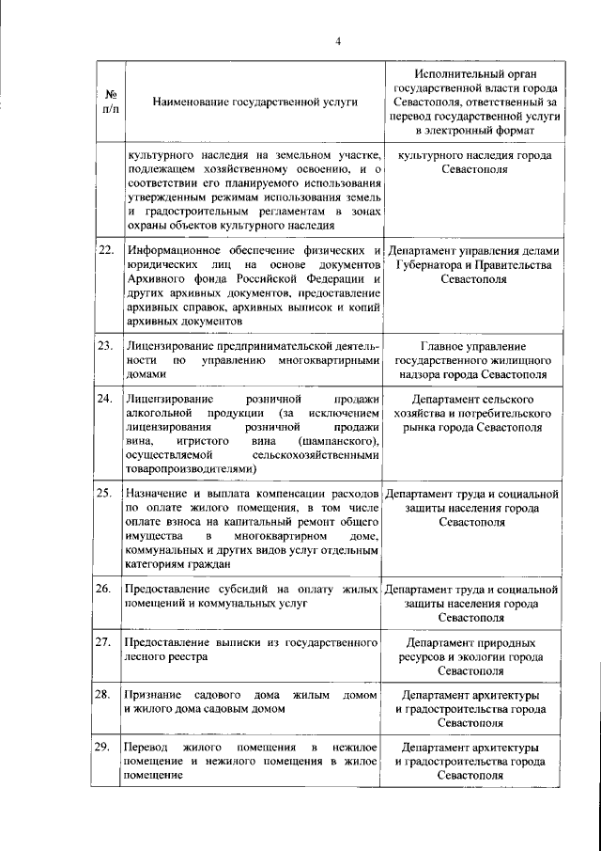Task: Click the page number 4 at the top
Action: [x=337, y=39]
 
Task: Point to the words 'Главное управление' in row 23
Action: [x=472, y=346]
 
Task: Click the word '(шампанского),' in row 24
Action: [x=339, y=441]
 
